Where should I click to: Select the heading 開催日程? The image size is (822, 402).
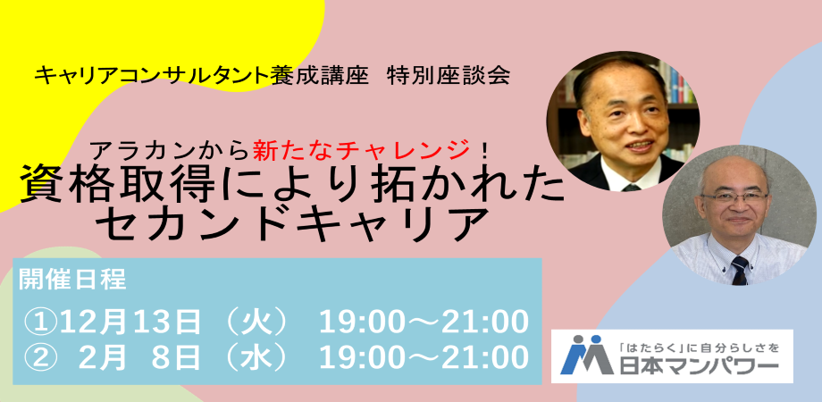pos(73,280)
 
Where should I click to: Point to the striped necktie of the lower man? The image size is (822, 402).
pos(739,269)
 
